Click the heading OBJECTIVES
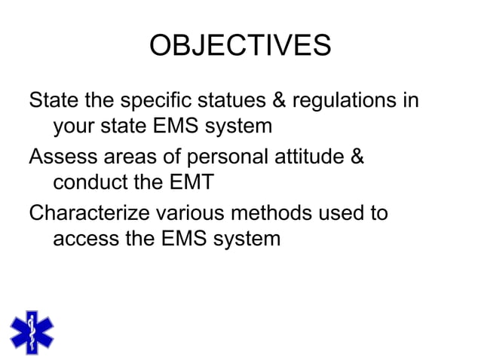pyautogui.click(x=240, y=46)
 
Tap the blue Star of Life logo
pyautogui.click(x=32, y=332)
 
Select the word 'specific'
pyautogui.click(x=167, y=101)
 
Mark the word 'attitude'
pyautogui.click(x=307, y=157)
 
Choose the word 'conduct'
pyautogui.click(x=91, y=183)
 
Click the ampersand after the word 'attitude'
pyautogui.click(x=356, y=157)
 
